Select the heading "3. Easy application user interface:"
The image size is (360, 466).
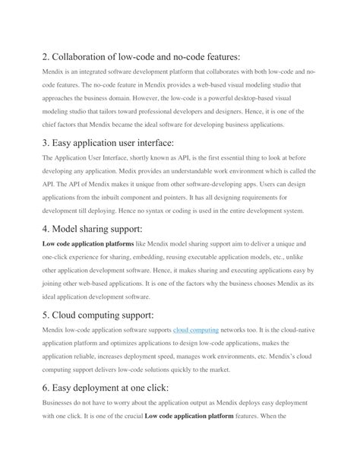pos(109,142)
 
